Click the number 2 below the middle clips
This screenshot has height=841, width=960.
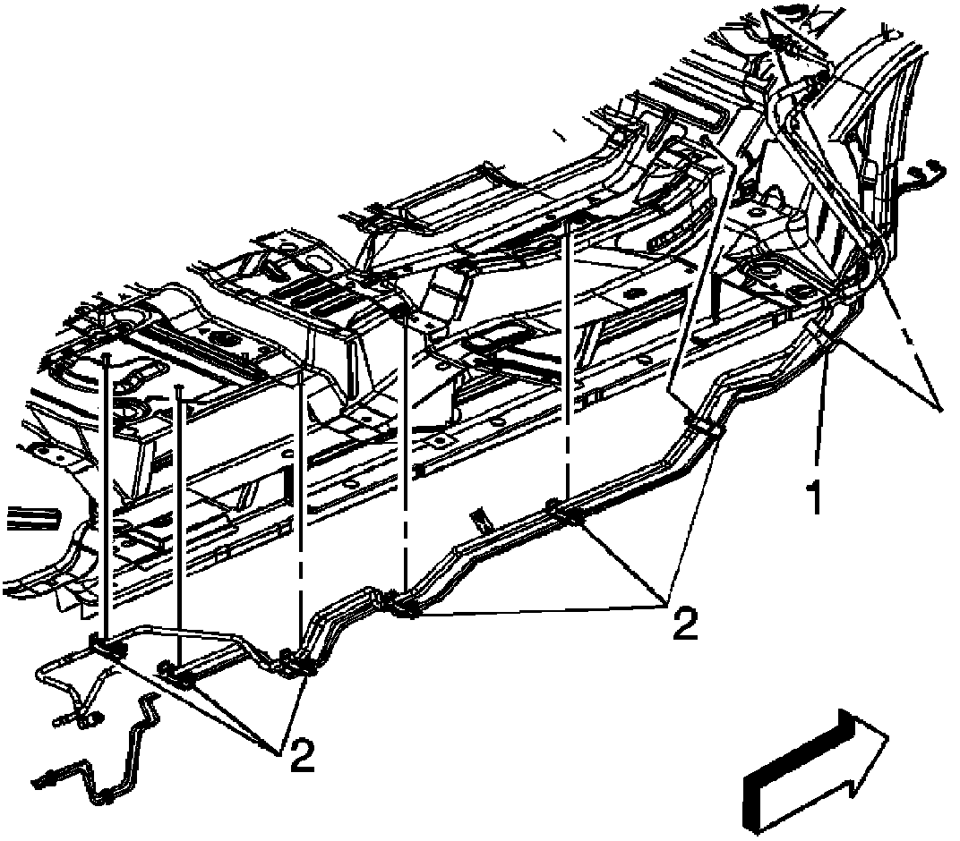(x=683, y=623)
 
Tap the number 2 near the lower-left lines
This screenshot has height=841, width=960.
(x=301, y=757)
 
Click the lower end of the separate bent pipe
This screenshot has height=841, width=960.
(x=47, y=779)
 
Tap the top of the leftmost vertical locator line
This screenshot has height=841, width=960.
(x=106, y=355)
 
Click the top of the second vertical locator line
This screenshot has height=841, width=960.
(x=180, y=387)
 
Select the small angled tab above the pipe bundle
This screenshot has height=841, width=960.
(x=481, y=516)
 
